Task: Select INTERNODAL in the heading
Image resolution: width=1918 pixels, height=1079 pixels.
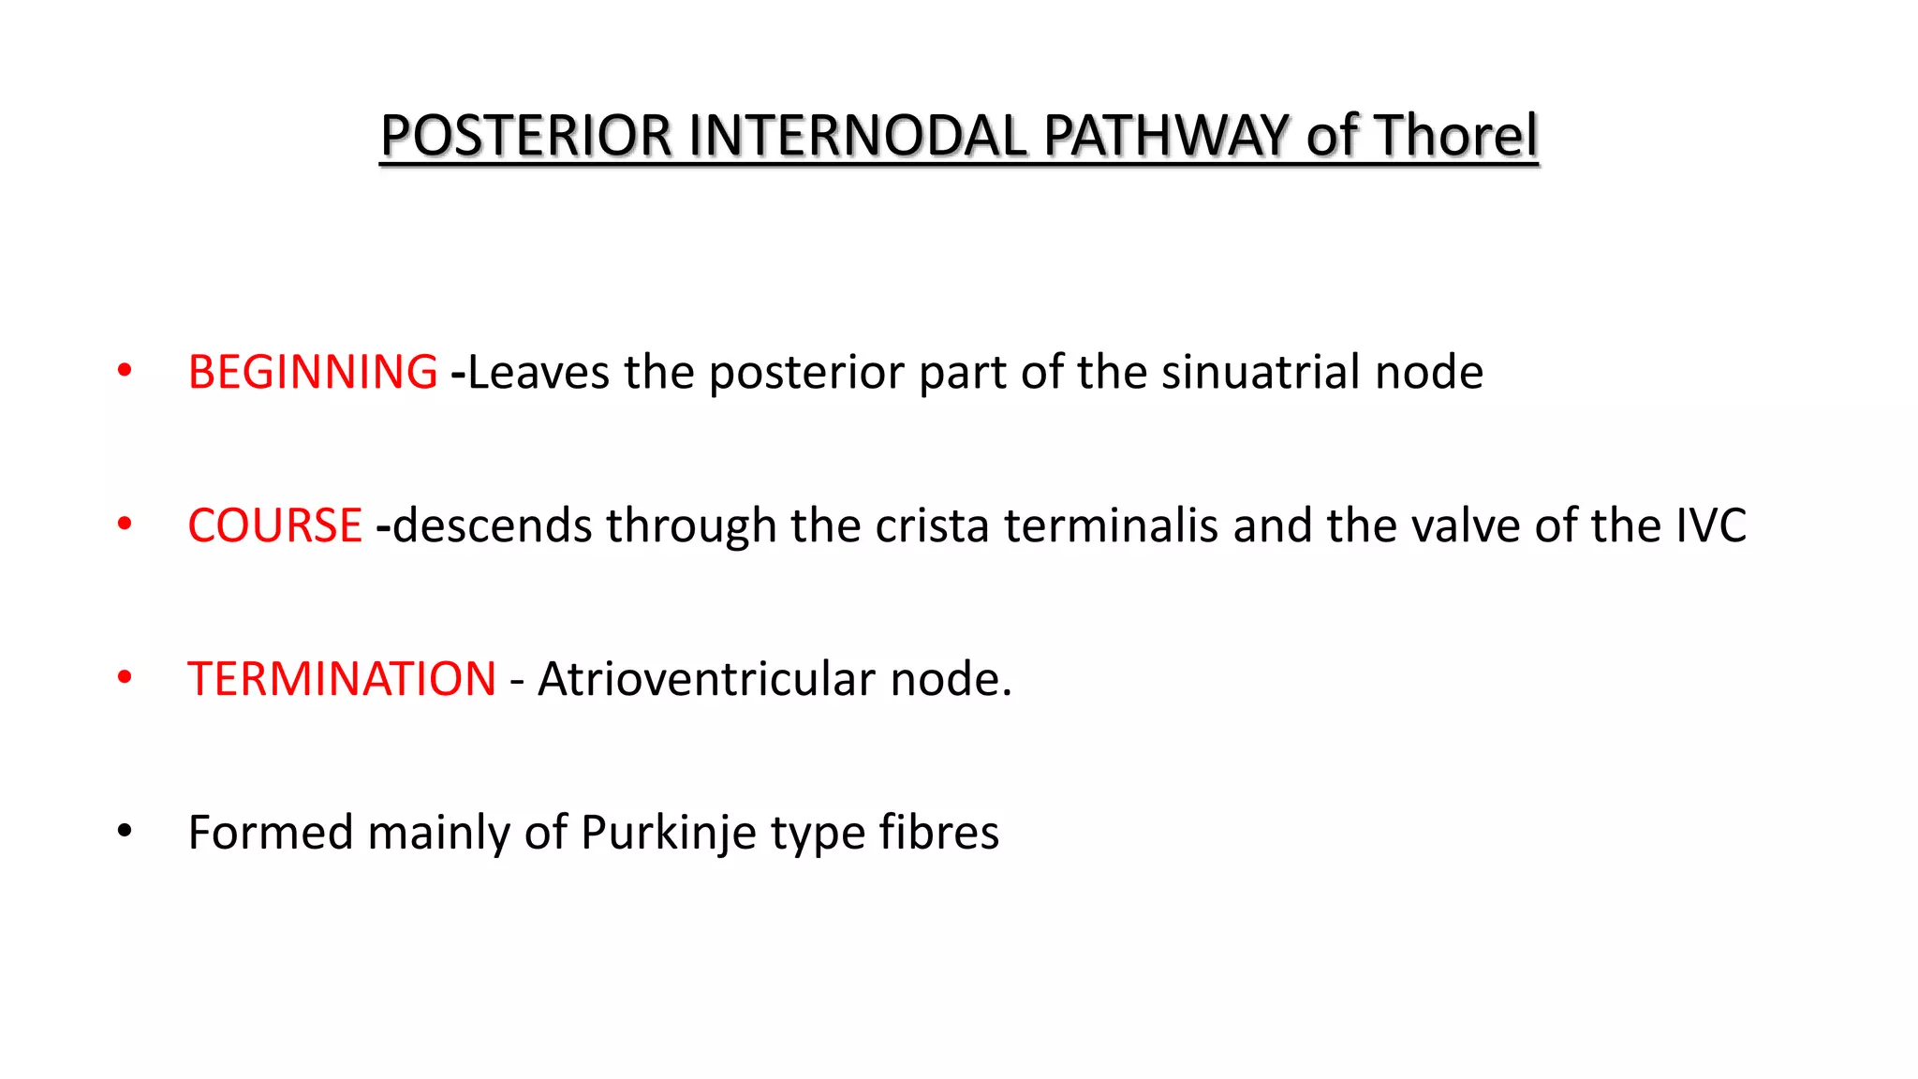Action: click(857, 136)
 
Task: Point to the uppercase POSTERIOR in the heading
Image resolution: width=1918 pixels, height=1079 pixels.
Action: click(526, 136)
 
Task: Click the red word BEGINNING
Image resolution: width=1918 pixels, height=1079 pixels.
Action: click(313, 372)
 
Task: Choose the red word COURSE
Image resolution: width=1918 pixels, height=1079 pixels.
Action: click(274, 525)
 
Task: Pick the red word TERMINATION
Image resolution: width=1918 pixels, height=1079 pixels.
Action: click(342, 679)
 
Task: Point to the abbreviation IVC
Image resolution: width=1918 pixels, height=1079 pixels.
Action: click(1710, 525)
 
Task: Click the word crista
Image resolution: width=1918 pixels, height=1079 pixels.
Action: click(932, 525)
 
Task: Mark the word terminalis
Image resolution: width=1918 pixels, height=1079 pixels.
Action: click(1111, 525)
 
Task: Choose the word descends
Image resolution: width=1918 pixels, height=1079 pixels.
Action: click(492, 525)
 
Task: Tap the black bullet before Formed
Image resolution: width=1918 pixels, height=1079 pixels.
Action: click(125, 831)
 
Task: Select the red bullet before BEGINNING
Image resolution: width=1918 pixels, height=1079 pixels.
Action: click(125, 371)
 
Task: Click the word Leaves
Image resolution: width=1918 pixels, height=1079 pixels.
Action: click(539, 372)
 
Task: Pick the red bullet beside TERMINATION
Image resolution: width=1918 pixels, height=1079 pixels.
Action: click(125, 677)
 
